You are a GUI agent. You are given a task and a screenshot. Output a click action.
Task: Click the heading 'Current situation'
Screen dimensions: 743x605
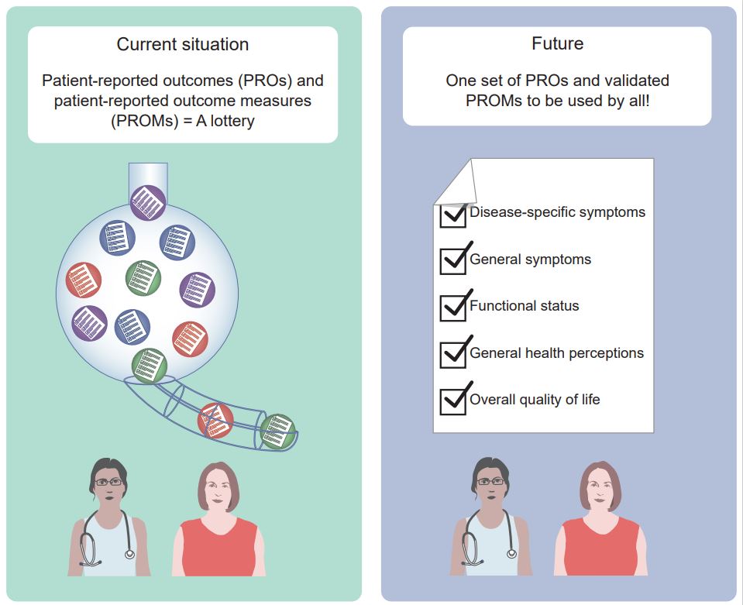click(x=182, y=44)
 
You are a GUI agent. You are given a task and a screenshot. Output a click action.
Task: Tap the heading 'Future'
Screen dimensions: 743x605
click(x=557, y=43)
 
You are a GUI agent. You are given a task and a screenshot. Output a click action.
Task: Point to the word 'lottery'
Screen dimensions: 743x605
click(x=232, y=122)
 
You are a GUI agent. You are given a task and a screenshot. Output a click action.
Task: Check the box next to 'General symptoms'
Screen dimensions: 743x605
click(x=453, y=261)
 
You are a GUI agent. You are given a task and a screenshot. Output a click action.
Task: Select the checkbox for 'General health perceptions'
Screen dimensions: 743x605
click(x=453, y=355)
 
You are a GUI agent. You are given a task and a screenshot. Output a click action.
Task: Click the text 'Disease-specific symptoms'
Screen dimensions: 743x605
click(x=557, y=211)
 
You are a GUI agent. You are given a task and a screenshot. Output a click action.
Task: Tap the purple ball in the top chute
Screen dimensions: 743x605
click(x=148, y=203)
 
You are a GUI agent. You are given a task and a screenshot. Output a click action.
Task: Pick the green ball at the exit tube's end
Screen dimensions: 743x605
click(x=277, y=431)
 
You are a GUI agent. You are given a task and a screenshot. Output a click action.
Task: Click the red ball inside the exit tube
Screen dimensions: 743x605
click(x=215, y=421)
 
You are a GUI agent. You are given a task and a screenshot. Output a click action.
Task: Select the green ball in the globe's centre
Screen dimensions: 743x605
click(x=143, y=278)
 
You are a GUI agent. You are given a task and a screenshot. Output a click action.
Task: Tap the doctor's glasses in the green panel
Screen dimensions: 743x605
click(x=108, y=483)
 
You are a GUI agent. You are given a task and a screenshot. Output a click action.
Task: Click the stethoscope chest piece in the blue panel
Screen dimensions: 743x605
click(x=511, y=553)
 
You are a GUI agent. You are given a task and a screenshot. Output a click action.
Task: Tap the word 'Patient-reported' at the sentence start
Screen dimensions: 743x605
click(x=100, y=81)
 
